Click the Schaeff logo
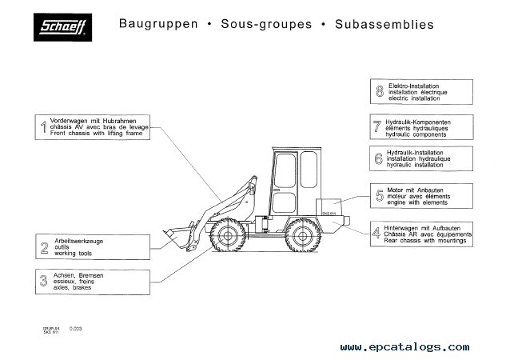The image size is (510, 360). pos(66,30)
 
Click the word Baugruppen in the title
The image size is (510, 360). pos(158,24)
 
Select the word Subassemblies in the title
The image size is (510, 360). pos(384,24)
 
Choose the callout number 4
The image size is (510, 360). pos(377,234)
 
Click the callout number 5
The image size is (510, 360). pos(379,194)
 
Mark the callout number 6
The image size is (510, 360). pos(378,158)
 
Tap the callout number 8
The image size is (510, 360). pos(378,91)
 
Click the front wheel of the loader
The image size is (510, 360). pos(229,238)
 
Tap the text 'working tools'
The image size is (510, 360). pos(74,253)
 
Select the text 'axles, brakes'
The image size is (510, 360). pos(75,287)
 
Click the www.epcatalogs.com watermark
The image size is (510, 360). pos(404,347)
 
